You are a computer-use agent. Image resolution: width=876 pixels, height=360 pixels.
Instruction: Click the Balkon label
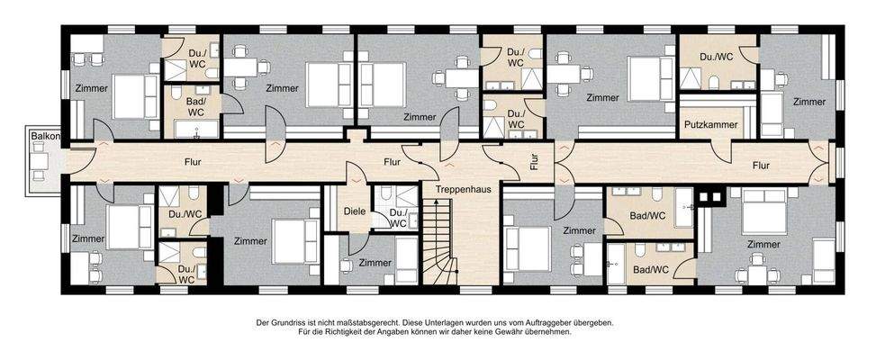42,136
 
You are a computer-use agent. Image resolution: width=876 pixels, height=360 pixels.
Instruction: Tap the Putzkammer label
711,124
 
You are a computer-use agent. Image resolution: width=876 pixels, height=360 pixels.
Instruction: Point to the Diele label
354,212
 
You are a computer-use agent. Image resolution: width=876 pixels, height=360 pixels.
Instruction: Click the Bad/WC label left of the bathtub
647,216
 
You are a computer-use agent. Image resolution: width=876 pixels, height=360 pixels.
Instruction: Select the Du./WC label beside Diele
399,217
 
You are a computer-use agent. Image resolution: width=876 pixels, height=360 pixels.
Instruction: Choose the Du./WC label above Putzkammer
718,57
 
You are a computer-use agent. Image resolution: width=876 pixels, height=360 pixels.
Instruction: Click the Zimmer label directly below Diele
375,263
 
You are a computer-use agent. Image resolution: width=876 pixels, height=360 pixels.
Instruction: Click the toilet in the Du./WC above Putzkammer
714,84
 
